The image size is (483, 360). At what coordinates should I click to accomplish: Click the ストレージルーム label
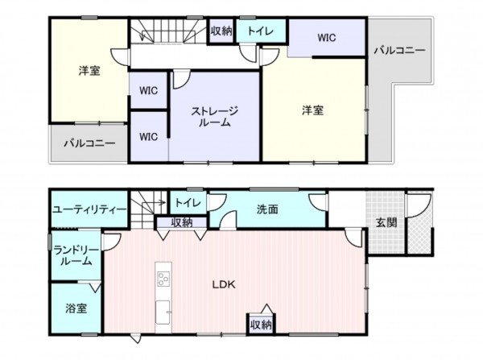coord(214,117)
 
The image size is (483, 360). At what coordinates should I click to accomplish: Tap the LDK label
coord(223,283)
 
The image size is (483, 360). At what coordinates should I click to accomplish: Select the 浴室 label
coord(76,307)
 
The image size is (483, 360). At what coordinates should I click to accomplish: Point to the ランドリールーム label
coord(76,257)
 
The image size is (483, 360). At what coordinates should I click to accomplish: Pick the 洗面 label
coord(267,209)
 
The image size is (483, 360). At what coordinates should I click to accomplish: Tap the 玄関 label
coord(386,222)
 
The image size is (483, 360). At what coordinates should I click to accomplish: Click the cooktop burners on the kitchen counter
coord(163,279)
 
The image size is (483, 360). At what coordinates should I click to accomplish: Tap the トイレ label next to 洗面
coord(188,202)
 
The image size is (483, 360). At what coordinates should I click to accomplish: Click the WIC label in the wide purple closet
coord(326,37)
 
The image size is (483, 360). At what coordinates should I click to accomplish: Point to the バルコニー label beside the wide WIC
coord(399,50)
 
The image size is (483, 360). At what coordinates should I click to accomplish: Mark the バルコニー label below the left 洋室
coord(89,143)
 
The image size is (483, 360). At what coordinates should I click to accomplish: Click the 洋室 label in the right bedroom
coord(313,110)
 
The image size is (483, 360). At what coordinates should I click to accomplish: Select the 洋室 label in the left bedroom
coord(89,71)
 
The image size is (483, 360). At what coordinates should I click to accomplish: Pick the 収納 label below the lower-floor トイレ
coord(181,222)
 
